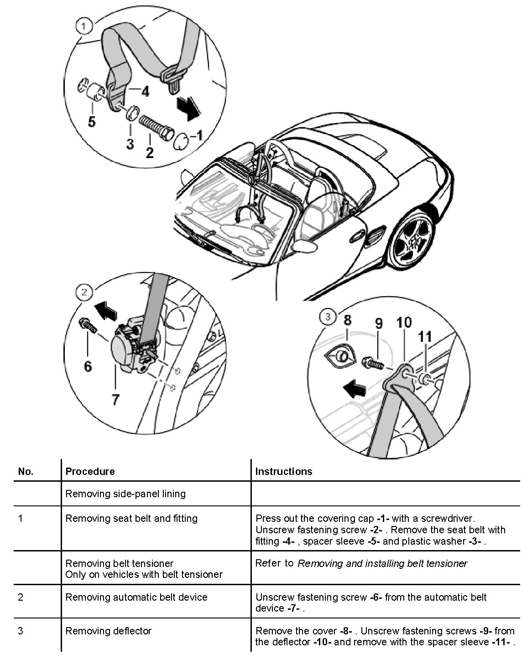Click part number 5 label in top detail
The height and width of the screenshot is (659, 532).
point(92,122)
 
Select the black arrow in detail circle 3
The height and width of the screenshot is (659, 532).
point(355,390)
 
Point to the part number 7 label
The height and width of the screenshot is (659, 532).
point(115,400)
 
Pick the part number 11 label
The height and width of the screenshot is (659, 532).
point(425,337)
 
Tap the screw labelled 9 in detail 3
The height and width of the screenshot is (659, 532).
point(372,364)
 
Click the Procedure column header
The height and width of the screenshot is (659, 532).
point(90,471)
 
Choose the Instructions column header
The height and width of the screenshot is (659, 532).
point(283,471)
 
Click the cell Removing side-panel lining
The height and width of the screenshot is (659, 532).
point(125,494)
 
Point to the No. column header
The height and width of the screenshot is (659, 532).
point(26,471)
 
